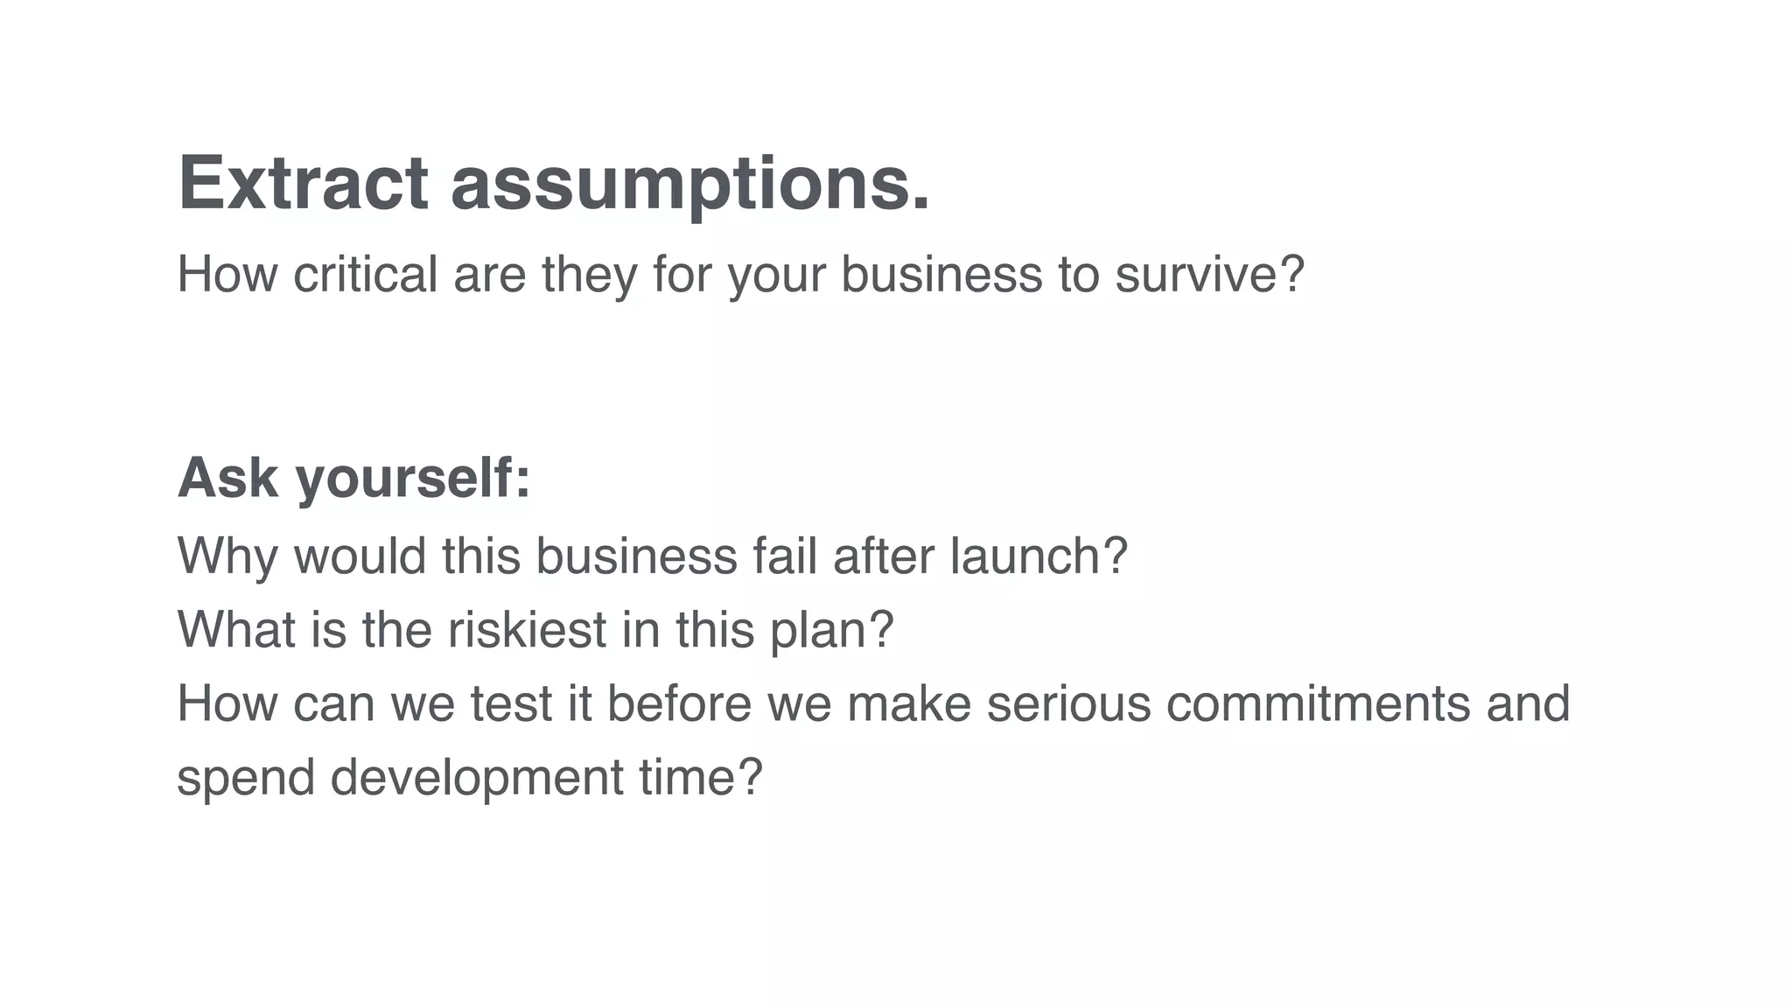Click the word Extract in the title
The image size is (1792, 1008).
coord(303,183)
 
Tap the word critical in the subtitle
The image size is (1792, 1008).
coord(365,274)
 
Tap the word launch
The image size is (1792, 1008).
coord(1027,556)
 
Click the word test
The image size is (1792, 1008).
coord(511,704)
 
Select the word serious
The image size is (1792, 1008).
coord(1068,704)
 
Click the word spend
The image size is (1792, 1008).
coord(246,779)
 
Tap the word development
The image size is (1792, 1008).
coord(477,779)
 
